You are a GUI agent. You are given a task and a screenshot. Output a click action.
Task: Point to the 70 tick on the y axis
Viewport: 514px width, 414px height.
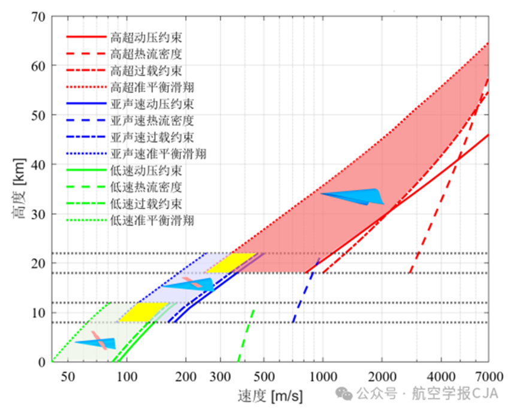[x=37, y=16]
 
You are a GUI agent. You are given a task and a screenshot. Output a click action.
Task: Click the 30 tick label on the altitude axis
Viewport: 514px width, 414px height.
[x=37, y=214]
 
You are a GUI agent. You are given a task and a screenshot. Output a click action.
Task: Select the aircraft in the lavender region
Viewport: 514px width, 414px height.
[x=189, y=284]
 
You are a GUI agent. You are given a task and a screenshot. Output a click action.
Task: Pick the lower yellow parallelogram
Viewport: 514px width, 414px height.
[x=144, y=312]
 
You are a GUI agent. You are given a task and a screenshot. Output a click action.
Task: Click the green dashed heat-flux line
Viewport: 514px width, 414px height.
[x=246, y=336]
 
